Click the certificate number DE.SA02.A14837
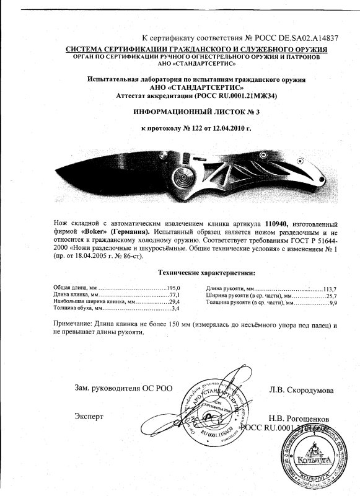point(304,38)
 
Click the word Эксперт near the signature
point(89,415)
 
